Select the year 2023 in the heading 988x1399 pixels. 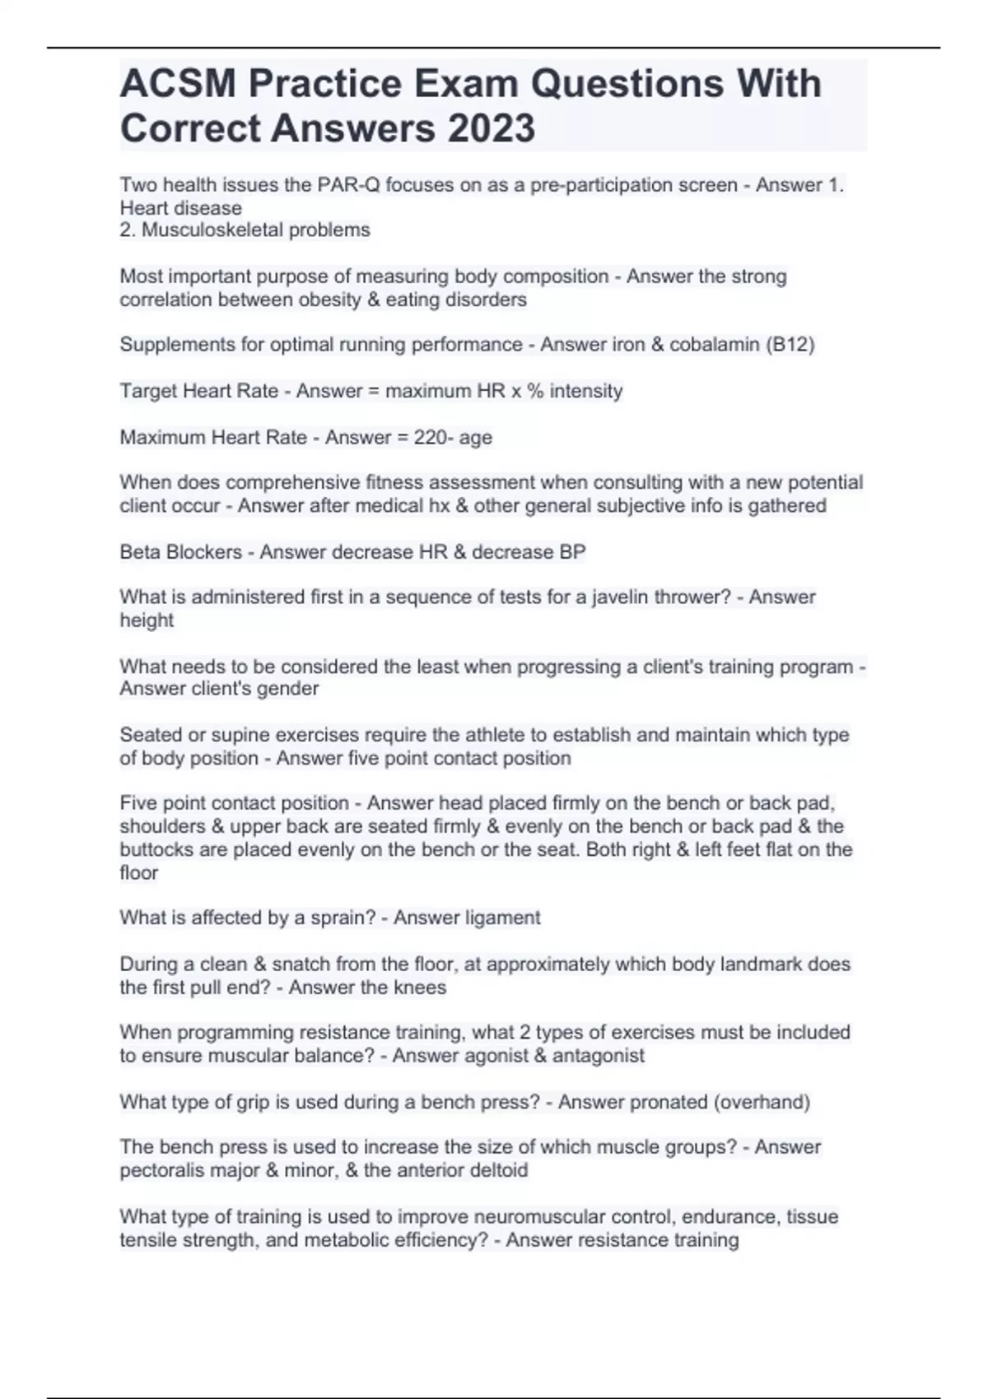point(492,128)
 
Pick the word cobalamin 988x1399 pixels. point(714,345)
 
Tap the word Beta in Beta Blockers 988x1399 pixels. point(140,552)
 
